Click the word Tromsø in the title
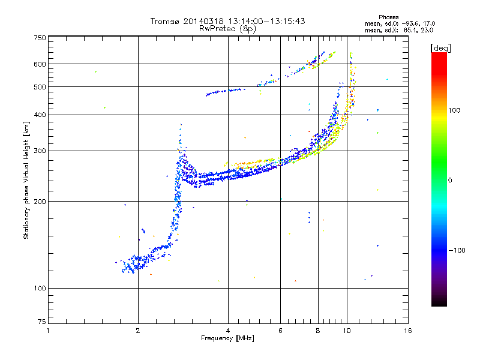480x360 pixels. click(165, 21)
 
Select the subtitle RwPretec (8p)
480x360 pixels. click(227, 29)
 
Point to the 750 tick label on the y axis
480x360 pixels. click(40, 38)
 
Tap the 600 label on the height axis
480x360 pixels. click(40, 64)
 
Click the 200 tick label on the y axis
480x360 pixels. click(40, 202)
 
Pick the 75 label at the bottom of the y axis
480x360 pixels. click(42, 322)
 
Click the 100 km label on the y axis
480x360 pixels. click(40, 288)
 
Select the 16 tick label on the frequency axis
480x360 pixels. click(408, 331)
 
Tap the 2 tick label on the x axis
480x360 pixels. click(138, 331)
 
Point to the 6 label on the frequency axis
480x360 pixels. click(280, 331)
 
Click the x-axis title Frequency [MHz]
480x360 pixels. click(227, 338)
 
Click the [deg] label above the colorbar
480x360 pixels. click(441, 48)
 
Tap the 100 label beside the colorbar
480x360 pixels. click(454, 110)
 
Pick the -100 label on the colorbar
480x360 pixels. click(457, 250)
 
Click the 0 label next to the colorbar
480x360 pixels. click(450, 181)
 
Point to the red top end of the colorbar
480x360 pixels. click(439, 53)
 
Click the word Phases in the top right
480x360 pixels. click(388, 17)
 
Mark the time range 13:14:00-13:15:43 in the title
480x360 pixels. click(266, 21)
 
